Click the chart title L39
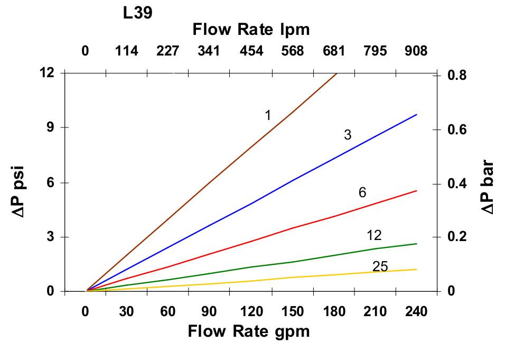pyautogui.click(x=138, y=13)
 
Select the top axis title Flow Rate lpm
pyautogui.click(x=251, y=30)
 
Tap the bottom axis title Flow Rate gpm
pyautogui.click(x=248, y=331)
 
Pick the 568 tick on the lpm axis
pyautogui.click(x=293, y=51)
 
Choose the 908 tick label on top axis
pyautogui.click(x=416, y=51)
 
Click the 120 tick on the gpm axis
pyautogui.click(x=251, y=312)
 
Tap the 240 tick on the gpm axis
pyautogui.click(x=416, y=312)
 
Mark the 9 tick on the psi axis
pyautogui.click(x=50, y=127)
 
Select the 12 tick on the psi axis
pyautogui.click(x=47, y=72)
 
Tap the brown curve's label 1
pyautogui.click(x=268, y=115)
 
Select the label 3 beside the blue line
pyautogui.click(x=348, y=135)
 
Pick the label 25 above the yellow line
pyautogui.click(x=380, y=267)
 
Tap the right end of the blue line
pyautogui.click(x=416, y=115)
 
